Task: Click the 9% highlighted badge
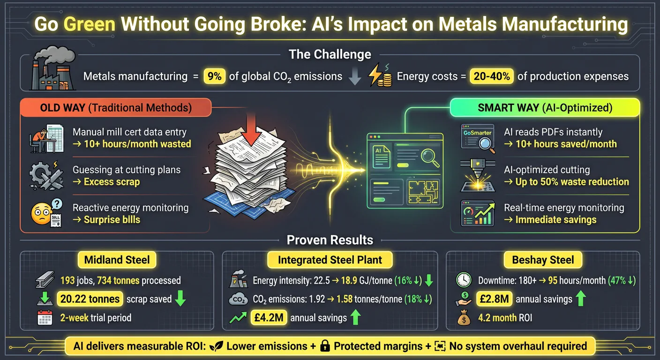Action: tap(214, 76)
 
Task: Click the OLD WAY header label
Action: tap(115, 108)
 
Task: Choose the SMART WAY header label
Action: tap(545, 108)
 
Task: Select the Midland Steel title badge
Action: tap(117, 260)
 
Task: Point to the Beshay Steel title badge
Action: tap(543, 260)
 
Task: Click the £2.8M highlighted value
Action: tap(493, 299)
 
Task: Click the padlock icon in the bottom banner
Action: tap(324, 346)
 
